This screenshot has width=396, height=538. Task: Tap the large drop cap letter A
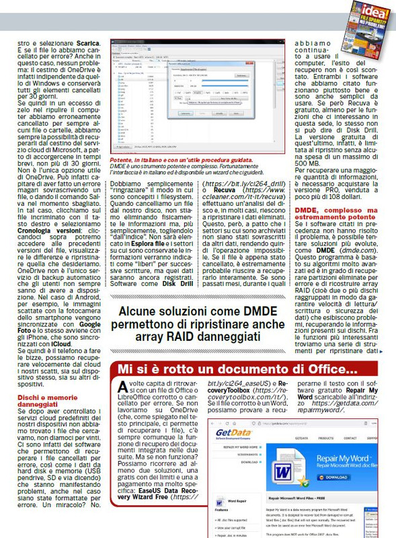click(122, 389)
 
